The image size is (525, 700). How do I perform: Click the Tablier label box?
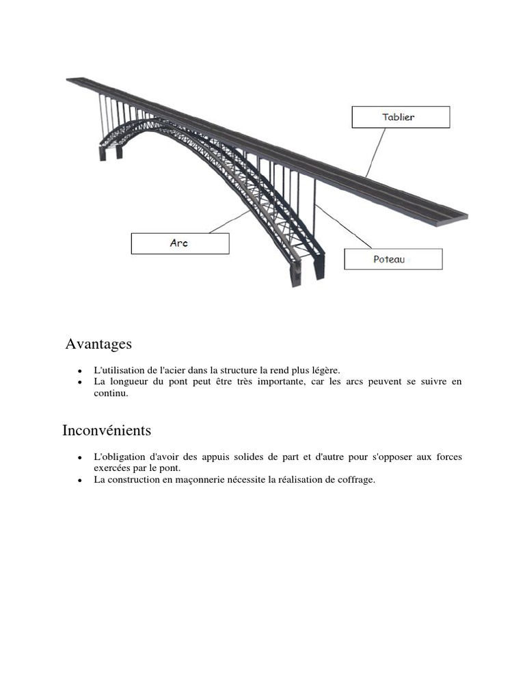(401, 117)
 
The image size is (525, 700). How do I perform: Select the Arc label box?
(180, 244)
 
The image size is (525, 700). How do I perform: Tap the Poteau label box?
(393, 259)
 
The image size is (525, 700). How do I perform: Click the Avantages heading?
(98, 344)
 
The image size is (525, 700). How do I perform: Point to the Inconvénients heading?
(107, 431)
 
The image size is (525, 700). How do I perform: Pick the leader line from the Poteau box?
(342, 225)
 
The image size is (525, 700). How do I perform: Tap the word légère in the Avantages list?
(324, 370)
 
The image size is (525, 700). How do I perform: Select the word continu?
(111, 393)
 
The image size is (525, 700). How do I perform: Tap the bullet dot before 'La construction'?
(81, 481)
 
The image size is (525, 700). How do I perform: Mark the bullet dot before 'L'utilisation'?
(81, 371)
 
